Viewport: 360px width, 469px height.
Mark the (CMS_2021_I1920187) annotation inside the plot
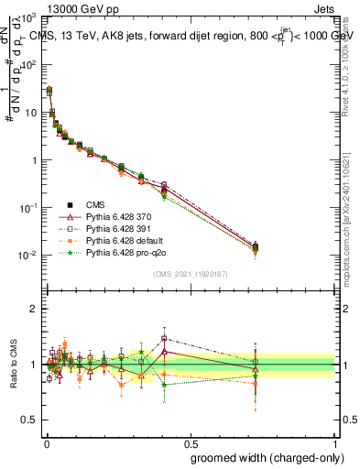(190, 273)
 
